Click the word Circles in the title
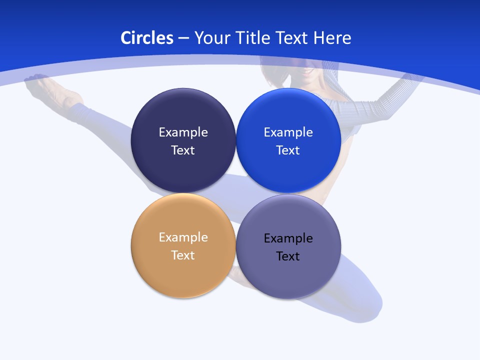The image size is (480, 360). point(146,38)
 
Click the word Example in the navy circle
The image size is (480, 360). point(183,132)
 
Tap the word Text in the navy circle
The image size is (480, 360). point(183,150)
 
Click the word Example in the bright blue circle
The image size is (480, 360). point(288,132)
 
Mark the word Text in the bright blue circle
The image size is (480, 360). point(288,150)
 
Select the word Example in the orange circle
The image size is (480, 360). point(183,237)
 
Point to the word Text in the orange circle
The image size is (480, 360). point(183,255)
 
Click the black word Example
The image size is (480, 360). point(288,238)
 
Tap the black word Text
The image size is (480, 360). point(288,256)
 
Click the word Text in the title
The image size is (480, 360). point(293,38)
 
